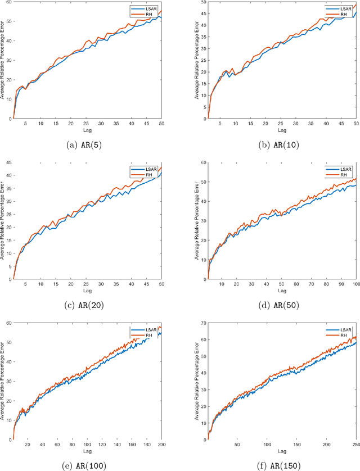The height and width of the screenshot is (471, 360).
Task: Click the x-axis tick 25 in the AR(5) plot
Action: tap(86, 124)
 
